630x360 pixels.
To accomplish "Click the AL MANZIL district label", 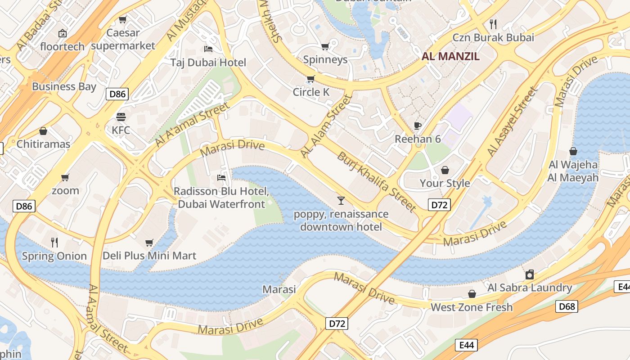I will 450,56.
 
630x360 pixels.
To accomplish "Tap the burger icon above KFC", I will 121,117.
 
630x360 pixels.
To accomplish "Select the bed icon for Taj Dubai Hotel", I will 208,49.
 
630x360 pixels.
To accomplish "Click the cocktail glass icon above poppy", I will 341,200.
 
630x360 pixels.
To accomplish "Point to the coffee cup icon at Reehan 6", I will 418,126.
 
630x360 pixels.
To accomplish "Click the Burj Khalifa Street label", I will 376,181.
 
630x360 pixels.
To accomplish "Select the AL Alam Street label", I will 325,126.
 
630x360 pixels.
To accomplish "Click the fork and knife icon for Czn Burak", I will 493,24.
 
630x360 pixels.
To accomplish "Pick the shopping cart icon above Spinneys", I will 325,46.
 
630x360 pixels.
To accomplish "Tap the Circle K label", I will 311,92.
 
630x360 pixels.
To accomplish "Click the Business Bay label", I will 64,86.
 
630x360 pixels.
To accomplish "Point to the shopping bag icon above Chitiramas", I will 43,131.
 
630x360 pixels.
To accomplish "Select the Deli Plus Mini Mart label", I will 149,256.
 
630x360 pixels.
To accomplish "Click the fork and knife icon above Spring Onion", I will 54,243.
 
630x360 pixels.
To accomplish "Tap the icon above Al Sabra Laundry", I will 530,274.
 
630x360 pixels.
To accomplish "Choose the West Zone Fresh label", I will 472,307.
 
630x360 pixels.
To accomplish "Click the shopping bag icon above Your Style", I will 445,170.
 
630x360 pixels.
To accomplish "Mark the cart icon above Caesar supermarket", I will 122,20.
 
